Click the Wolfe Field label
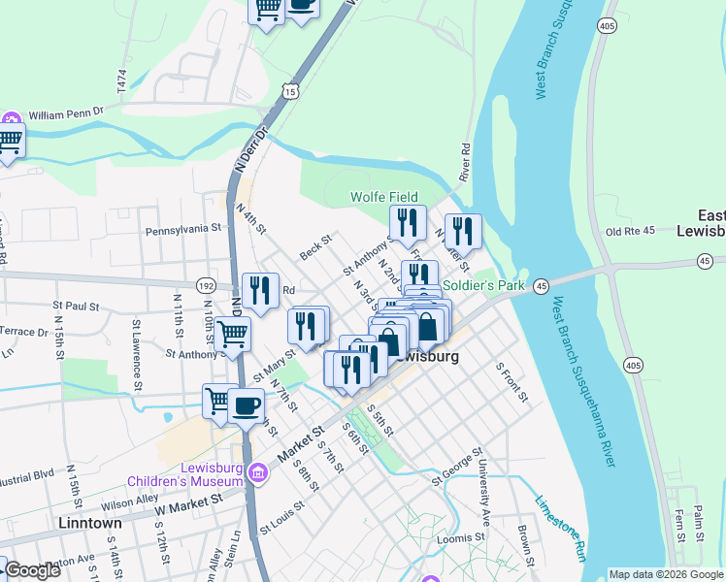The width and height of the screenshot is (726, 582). [384, 198]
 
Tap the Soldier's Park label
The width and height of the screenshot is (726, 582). [483, 286]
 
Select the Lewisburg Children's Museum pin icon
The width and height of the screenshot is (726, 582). [257, 474]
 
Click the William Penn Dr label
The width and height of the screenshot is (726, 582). [66, 114]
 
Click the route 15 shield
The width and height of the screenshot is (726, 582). [291, 90]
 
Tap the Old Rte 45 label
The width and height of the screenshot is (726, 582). [631, 231]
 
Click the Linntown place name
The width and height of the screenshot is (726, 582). [90, 523]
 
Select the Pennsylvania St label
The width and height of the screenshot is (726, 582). [184, 231]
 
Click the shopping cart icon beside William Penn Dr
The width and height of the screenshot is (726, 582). [9, 141]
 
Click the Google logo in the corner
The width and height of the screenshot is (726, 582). [32, 570]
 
